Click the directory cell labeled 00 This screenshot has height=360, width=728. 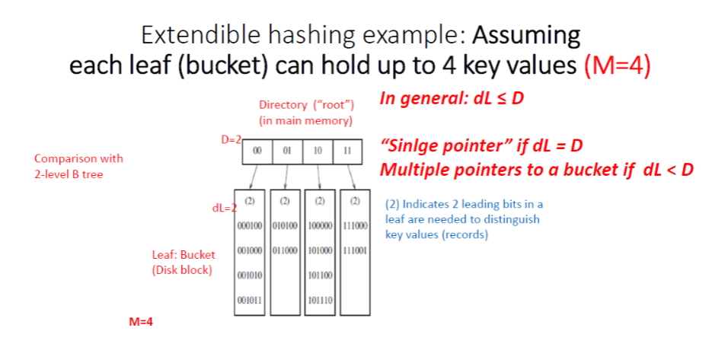click(257, 151)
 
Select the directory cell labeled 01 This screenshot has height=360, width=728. click(287, 151)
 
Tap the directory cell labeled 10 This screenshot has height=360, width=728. click(317, 151)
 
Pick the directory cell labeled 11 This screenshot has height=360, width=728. click(346, 151)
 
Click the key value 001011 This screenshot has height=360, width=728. click(251, 301)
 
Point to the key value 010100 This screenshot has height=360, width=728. click(286, 226)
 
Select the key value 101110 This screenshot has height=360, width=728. click(321, 301)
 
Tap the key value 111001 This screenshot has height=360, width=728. click(356, 251)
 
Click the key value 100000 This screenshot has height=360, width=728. click(321, 226)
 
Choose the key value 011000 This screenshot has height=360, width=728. click(286, 251)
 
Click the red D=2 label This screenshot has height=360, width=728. click(231, 141)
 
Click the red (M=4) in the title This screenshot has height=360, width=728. click(617, 64)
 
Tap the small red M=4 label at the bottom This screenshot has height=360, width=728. click(141, 322)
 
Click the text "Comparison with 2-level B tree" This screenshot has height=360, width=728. click(78, 165)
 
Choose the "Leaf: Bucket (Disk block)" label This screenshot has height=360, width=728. click(184, 262)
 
